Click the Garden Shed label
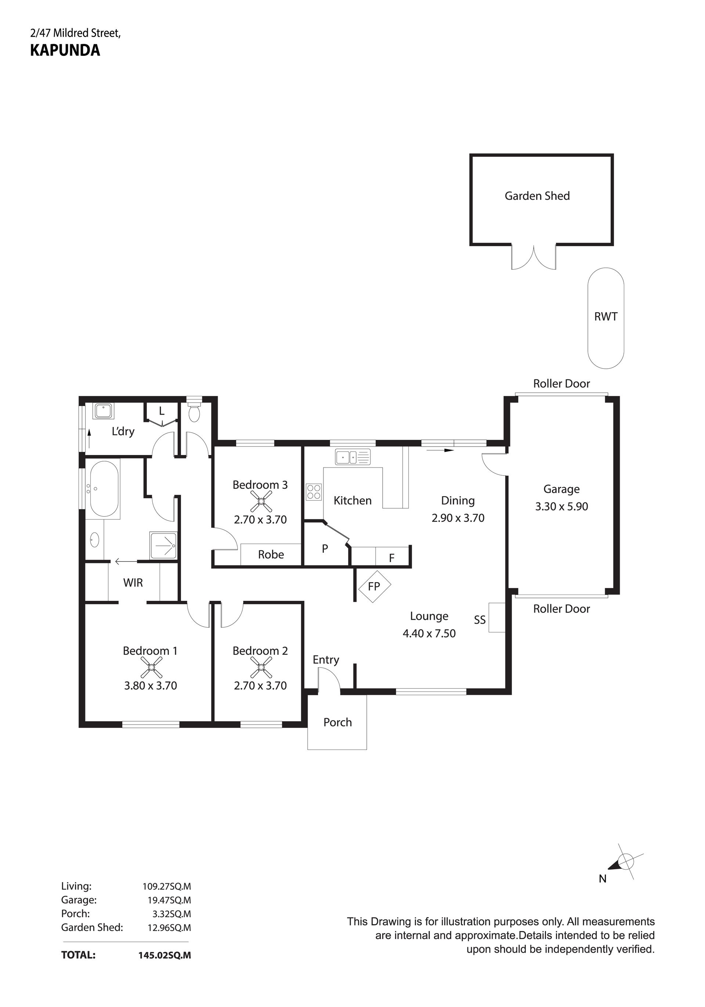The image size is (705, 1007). (x=537, y=196)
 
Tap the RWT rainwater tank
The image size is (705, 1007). (x=605, y=318)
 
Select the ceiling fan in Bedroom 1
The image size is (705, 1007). (x=151, y=668)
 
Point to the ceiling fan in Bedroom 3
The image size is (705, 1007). (x=260, y=502)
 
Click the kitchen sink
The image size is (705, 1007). (x=352, y=456)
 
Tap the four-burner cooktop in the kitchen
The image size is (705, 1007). (x=314, y=491)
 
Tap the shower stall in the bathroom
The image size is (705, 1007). (x=163, y=546)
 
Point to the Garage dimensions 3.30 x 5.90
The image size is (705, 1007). (x=562, y=506)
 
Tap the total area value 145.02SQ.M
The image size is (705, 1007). (x=164, y=955)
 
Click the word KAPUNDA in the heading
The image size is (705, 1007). (x=65, y=50)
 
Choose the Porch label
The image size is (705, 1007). (x=337, y=722)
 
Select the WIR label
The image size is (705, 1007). (x=133, y=582)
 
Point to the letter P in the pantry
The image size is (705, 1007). (x=325, y=548)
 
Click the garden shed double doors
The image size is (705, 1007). (x=534, y=257)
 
